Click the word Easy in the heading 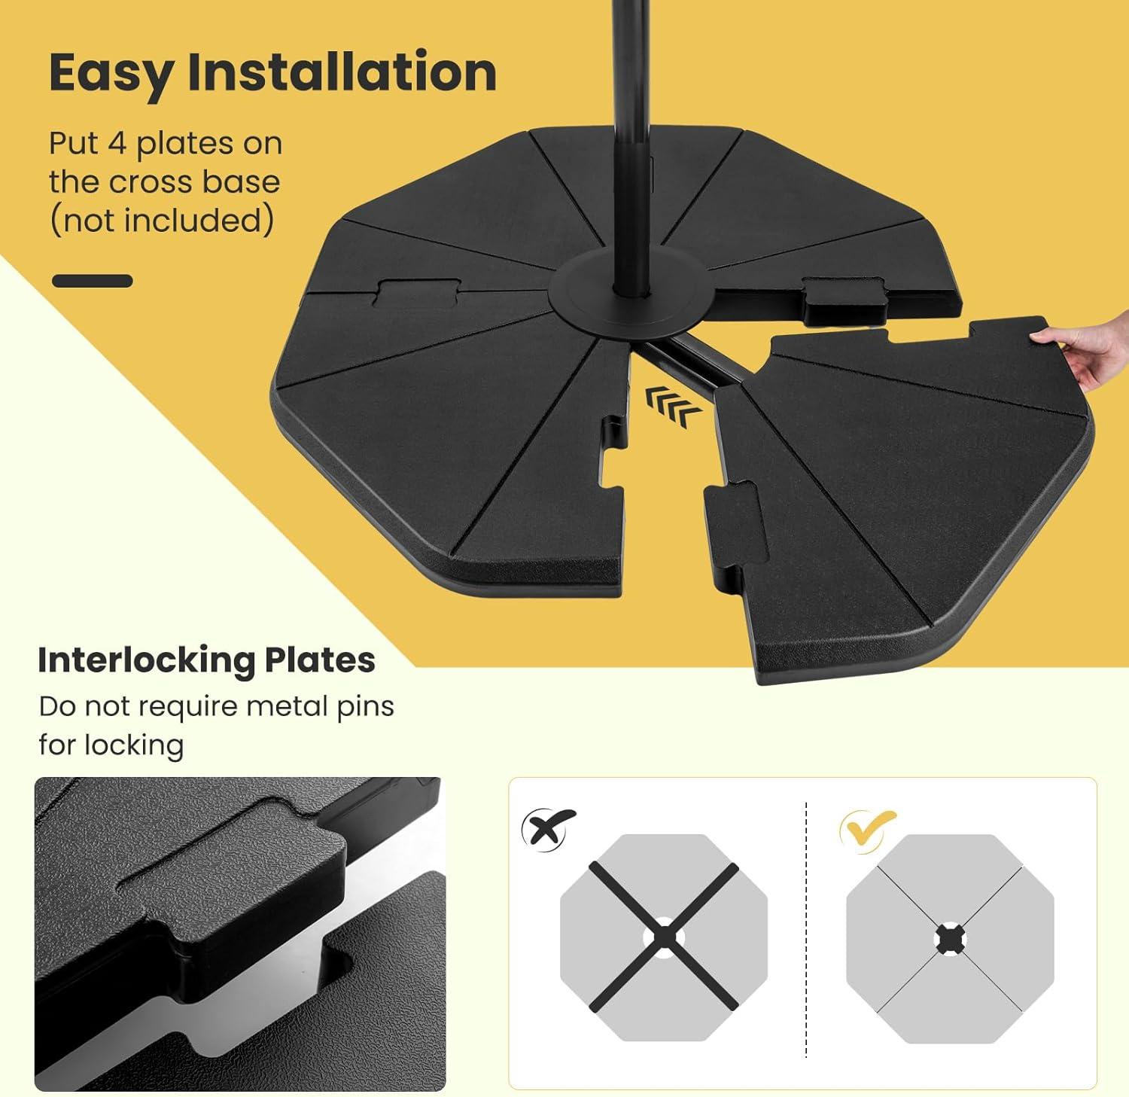(x=111, y=74)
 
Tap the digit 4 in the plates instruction (x=117, y=143)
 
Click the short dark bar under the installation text (x=93, y=281)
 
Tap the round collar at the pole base (x=629, y=295)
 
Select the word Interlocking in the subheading (x=145, y=660)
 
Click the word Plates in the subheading (x=320, y=660)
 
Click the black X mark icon (x=548, y=828)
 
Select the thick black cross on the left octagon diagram (x=664, y=937)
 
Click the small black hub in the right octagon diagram (x=950, y=939)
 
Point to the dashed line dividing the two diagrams (x=806, y=930)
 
